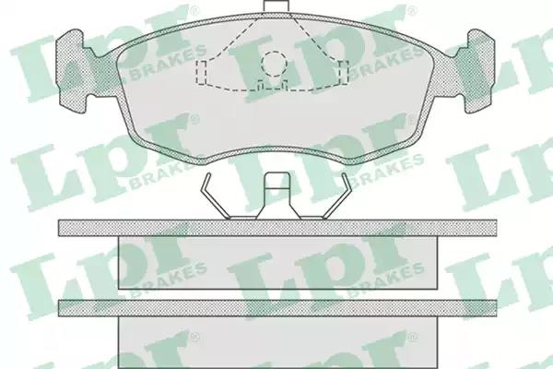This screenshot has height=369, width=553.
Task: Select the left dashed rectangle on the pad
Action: point(201,72)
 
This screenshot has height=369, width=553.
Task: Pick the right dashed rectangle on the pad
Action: point(344,72)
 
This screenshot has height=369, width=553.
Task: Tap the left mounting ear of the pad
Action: point(72,71)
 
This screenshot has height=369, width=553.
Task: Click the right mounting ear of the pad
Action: point(480,71)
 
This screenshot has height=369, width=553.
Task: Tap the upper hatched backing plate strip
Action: point(277,228)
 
